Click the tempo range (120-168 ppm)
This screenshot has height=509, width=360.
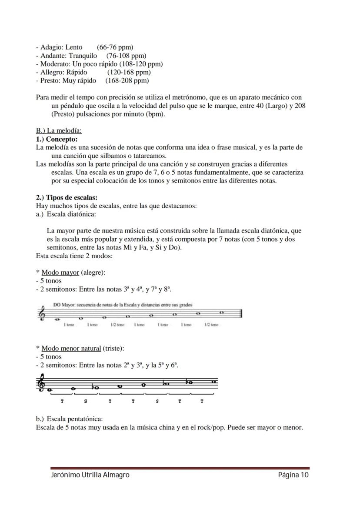[129, 72]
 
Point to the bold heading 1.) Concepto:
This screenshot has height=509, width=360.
[57, 139]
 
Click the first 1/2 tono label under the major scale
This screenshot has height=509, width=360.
[117, 325]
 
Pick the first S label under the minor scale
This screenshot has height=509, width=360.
[85, 401]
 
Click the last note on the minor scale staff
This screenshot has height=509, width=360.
[213, 382]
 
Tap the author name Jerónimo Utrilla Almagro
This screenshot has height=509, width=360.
[90, 475]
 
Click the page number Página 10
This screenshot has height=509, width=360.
[293, 475]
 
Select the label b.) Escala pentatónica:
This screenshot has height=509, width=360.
[69, 419]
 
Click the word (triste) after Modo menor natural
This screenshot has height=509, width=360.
[113, 349]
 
